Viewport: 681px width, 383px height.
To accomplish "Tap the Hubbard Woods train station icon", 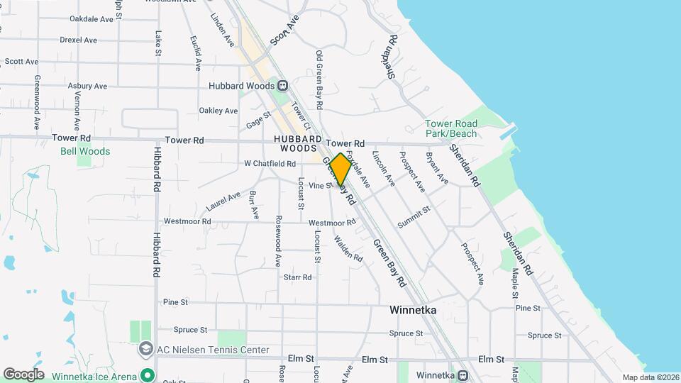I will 283,86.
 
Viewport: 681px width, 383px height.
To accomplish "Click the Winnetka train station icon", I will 462,375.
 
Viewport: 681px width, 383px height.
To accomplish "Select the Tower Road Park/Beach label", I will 451,128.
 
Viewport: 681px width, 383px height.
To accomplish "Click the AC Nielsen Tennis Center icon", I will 145,349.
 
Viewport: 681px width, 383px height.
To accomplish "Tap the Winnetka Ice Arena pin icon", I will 148,374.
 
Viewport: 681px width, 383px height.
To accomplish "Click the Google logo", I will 23,374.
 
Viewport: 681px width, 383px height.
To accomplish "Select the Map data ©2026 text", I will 650,377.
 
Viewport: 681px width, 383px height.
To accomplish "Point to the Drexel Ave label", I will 78,40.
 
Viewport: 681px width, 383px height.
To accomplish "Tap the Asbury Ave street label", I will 87,86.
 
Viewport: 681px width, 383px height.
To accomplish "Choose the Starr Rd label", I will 297,277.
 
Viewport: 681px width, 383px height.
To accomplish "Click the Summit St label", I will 414,217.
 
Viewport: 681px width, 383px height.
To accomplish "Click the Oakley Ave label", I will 218,111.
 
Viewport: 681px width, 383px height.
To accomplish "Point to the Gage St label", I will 259,120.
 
